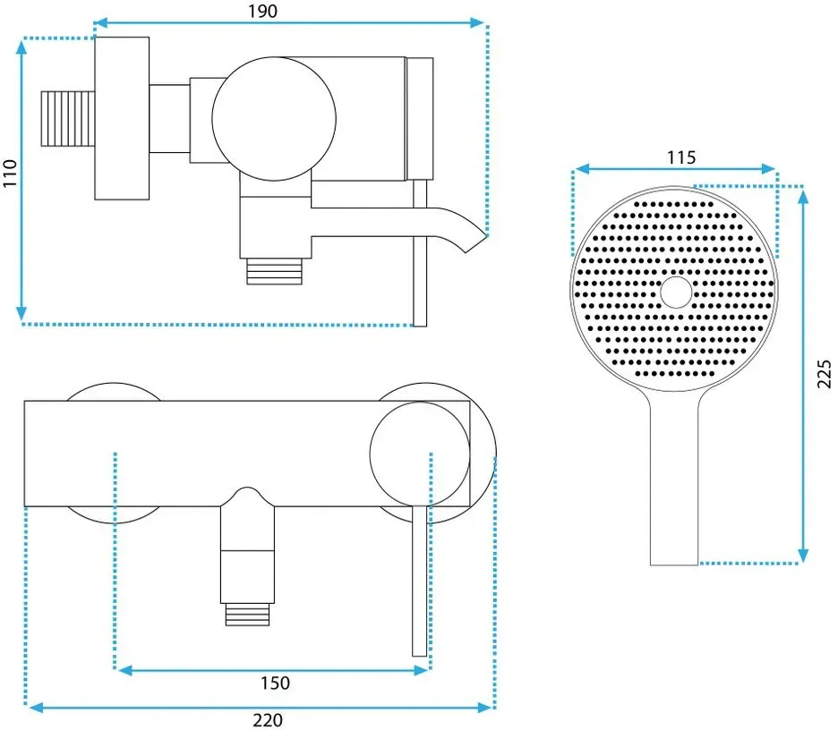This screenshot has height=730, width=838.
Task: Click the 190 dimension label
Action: [262, 12]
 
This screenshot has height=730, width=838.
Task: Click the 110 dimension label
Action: [10, 173]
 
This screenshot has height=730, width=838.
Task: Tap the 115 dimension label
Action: [680, 157]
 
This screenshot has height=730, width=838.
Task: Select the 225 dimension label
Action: [824, 374]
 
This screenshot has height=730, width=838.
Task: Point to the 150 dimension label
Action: [275, 683]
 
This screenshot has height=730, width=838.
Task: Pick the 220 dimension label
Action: [267, 720]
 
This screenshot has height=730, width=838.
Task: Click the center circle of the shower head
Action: [676, 293]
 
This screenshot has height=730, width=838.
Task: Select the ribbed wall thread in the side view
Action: [68, 118]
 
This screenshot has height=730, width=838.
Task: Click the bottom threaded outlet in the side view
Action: [274, 271]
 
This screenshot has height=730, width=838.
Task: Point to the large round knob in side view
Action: [274, 119]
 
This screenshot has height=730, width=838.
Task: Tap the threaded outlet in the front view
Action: [247, 614]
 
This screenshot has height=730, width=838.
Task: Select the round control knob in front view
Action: [420, 454]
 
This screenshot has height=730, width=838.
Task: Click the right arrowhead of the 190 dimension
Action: [477, 22]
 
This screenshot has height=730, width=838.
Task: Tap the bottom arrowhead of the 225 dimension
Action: [802, 556]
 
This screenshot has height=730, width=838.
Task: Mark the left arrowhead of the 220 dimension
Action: [36, 708]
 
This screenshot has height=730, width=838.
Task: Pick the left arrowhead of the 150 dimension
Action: [124, 670]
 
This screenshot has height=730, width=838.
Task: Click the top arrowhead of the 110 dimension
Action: [21, 47]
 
